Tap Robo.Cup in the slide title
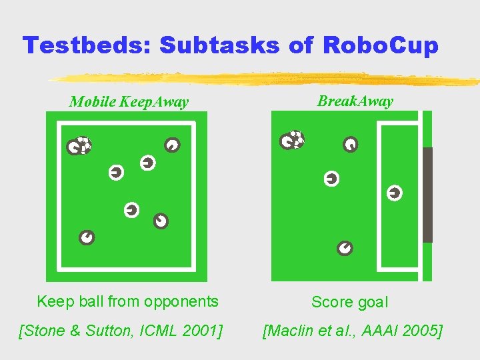[x=381, y=45]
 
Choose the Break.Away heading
[x=355, y=101]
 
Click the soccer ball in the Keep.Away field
[x=83, y=144]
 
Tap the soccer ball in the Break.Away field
[x=297, y=138]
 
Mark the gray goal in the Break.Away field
[x=427, y=194]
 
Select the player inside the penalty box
[x=395, y=193]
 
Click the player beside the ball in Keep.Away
[x=73, y=148]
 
